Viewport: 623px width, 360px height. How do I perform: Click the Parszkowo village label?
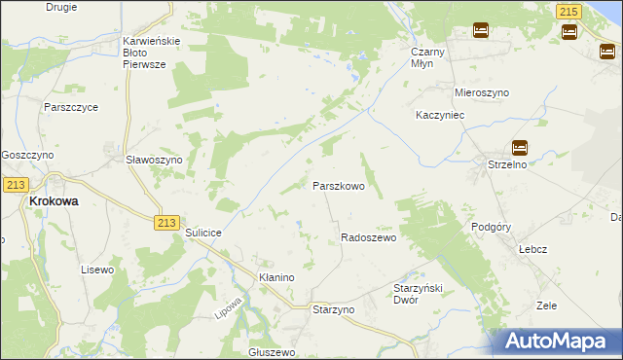click(x=338, y=186)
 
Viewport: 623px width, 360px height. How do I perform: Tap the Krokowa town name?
click(x=54, y=201)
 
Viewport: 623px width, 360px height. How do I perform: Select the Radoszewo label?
click(x=368, y=237)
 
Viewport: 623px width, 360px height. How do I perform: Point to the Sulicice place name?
click(x=204, y=234)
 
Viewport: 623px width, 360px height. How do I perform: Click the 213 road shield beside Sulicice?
click(x=165, y=223)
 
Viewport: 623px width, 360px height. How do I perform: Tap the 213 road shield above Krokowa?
click(x=14, y=185)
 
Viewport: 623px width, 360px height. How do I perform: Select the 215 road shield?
click(x=569, y=11)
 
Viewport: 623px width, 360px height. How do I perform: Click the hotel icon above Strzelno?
click(x=520, y=148)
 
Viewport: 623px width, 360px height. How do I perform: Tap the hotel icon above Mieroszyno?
click(x=480, y=30)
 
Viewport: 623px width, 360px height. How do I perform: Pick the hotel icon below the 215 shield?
click(x=569, y=32)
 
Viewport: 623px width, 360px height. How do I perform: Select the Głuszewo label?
click(x=272, y=352)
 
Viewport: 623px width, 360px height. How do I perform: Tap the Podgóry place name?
click(x=491, y=226)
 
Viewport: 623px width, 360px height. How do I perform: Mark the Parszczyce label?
click(x=70, y=107)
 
